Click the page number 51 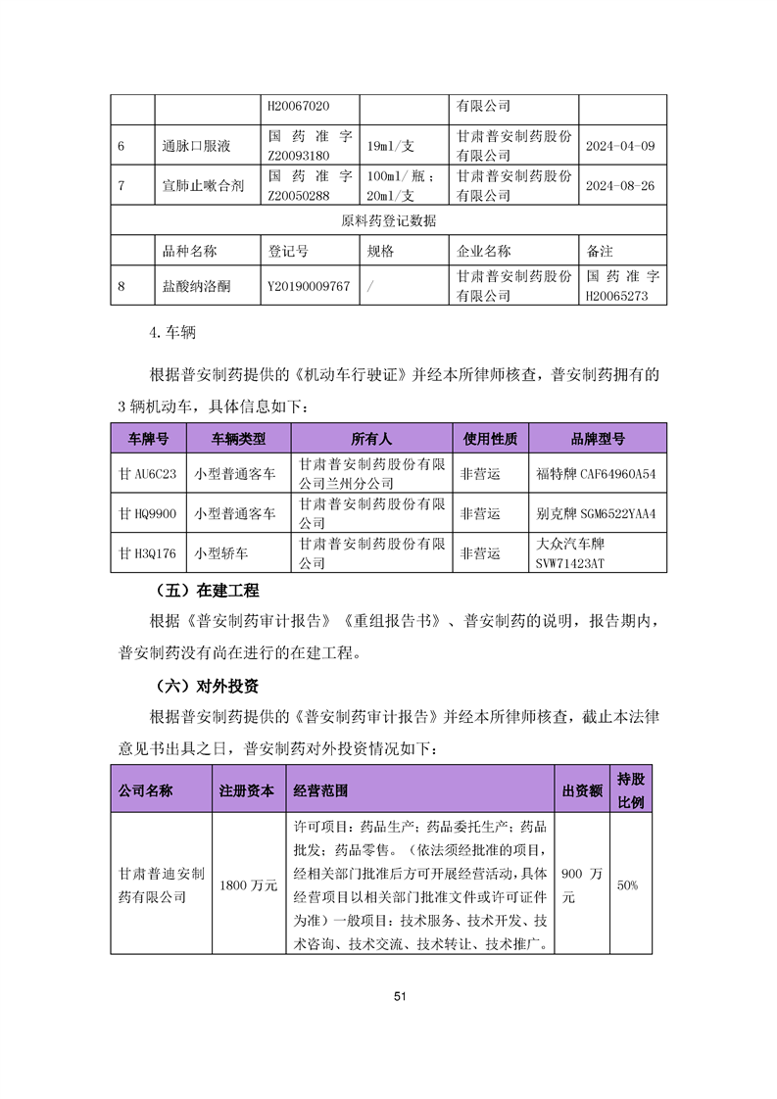click(x=399, y=996)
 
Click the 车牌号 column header click(x=148, y=437)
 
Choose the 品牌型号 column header click(x=597, y=437)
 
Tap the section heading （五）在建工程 click(x=207, y=591)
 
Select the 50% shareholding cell click(x=626, y=885)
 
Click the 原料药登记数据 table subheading click(x=388, y=220)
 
